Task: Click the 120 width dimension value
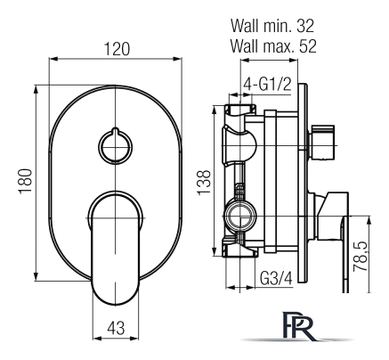click(117, 49)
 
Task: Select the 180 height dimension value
click(25, 182)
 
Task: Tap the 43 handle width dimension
click(116, 328)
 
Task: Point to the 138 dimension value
click(204, 183)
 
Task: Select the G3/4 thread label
click(276, 279)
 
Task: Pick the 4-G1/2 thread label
click(267, 86)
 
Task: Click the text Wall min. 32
click(272, 26)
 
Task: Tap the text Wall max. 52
click(273, 46)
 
